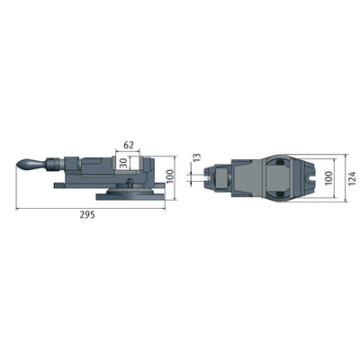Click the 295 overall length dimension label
[87, 216]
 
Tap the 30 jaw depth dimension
[121, 162]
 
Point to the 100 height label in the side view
[181, 168]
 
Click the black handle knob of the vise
[31, 165]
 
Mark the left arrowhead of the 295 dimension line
[17, 209]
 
